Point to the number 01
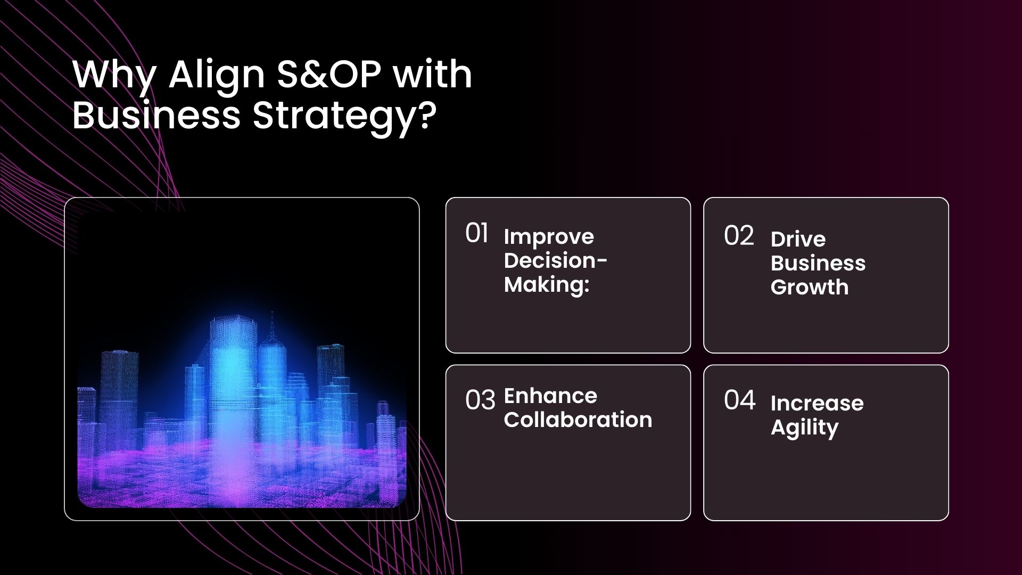pyautogui.click(x=476, y=233)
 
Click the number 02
pyautogui.click(x=739, y=236)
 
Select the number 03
pyautogui.click(x=480, y=400)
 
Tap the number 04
pyautogui.click(x=739, y=400)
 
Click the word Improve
pyautogui.click(x=549, y=237)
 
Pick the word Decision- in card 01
pyautogui.click(x=556, y=260)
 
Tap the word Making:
pyautogui.click(x=547, y=285)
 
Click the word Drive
pyautogui.click(x=798, y=239)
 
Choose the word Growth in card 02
pyautogui.click(x=810, y=287)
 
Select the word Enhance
pyautogui.click(x=550, y=396)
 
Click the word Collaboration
pyautogui.click(x=578, y=420)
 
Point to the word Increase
pyautogui.click(x=817, y=403)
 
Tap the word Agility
pyautogui.click(x=804, y=428)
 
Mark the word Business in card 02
pyautogui.click(x=818, y=263)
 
